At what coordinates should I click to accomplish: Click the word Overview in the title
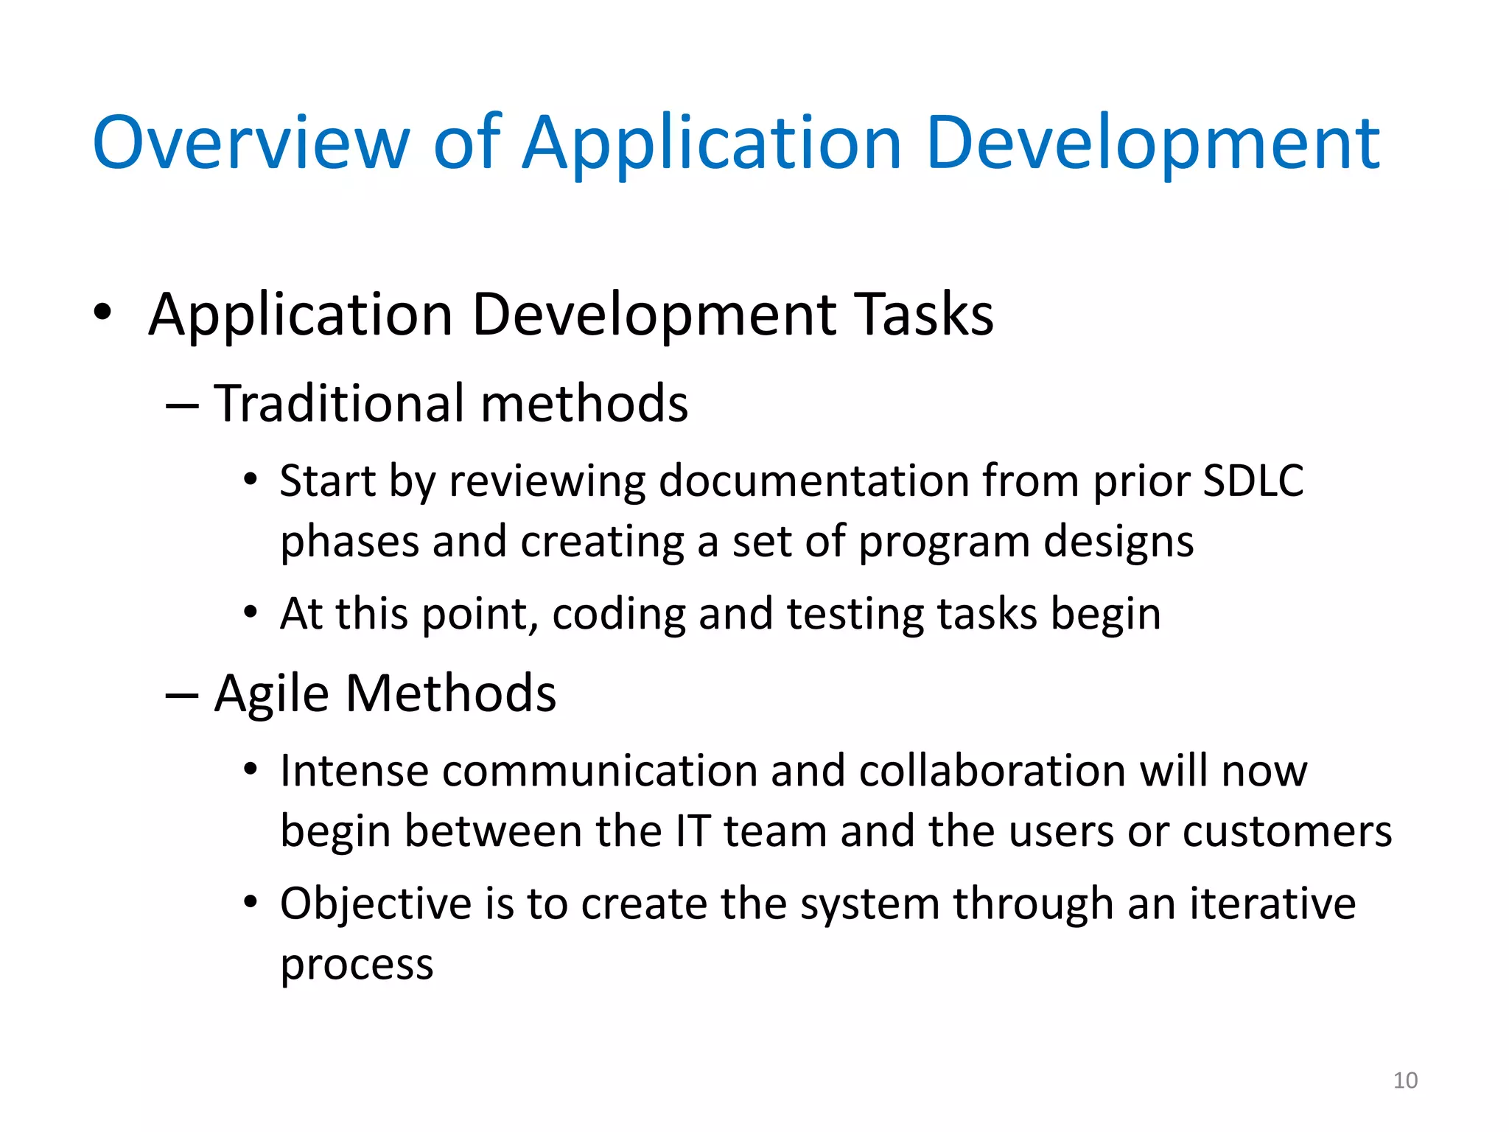pos(251,144)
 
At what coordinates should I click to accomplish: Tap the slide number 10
pos(1405,1080)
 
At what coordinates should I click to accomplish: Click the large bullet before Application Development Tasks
pos(102,312)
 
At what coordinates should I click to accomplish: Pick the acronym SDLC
pos(1253,481)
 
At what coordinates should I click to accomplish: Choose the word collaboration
pos(992,772)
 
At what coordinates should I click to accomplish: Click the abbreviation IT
pos(693,832)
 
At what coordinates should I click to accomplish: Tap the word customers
pos(1286,832)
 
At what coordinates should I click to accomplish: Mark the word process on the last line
pos(357,965)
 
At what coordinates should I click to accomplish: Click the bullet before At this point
pos(251,612)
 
